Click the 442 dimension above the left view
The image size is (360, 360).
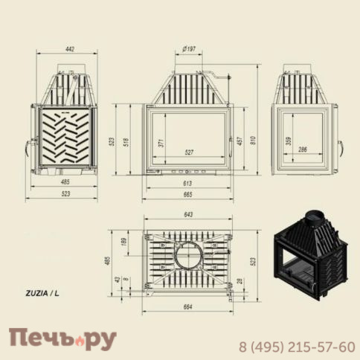click(x=70, y=49)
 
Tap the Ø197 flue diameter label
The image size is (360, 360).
click(x=189, y=49)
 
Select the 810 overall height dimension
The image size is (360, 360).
click(x=253, y=141)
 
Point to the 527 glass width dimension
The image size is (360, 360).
click(x=189, y=152)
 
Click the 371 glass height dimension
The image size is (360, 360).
click(x=161, y=143)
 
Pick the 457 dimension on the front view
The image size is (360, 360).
click(x=240, y=141)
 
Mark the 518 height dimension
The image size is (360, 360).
click(x=126, y=142)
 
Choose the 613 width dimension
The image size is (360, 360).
click(x=187, y=183)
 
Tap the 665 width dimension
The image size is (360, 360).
click(x=187, y=195)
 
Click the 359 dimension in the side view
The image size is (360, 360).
click(x=289, y=141)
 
